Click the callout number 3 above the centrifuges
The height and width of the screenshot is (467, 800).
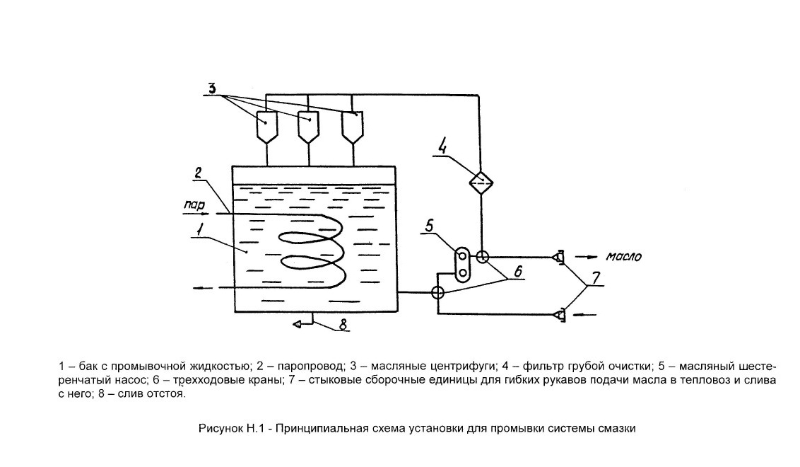pyautogui.click(x=212, y=87)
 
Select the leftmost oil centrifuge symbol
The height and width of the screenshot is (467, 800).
pyautogui.click(x=266, y=126)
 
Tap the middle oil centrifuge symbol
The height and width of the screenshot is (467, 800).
pyautogui.click(x=307, y=126)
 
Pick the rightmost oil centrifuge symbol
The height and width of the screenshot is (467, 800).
pyautogui.click(x=352, y=126)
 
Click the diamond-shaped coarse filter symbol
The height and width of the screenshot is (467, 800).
pyautogui.click(x=481, y=181)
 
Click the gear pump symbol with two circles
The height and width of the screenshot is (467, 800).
pyautogui.click(x=463, y=264)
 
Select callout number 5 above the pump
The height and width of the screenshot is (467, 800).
pyautogui.click(x=429, y=226)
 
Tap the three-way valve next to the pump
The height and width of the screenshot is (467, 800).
pyautogui.click(x=481, y=256)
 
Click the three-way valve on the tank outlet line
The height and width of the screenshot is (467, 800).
pyautogui.click(x=437, y=293)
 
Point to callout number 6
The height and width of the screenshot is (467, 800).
pyautogui.click(x=518, y=271)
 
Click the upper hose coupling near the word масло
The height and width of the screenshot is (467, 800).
pyautogui.click(x=559, y=257)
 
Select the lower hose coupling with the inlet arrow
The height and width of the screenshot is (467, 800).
pyautogui.click(x=559, y=315)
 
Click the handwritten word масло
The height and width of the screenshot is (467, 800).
pyautogui.click(x=623, y=256)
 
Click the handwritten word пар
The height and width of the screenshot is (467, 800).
pyautogui.click(x=194, y=205)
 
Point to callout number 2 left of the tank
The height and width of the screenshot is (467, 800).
pyautogui.click(x=199, y=173)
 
